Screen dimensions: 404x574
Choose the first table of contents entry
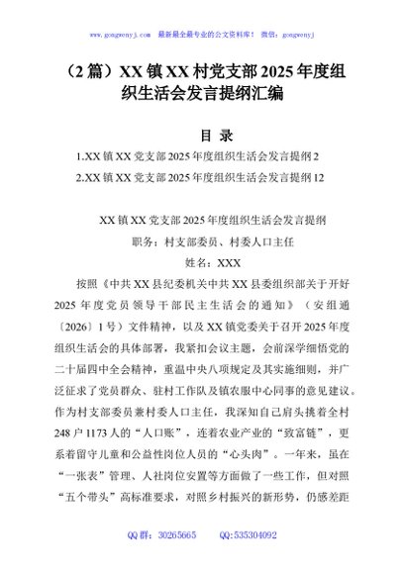tap(198, 156)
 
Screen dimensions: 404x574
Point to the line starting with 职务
tap(202, 240)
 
